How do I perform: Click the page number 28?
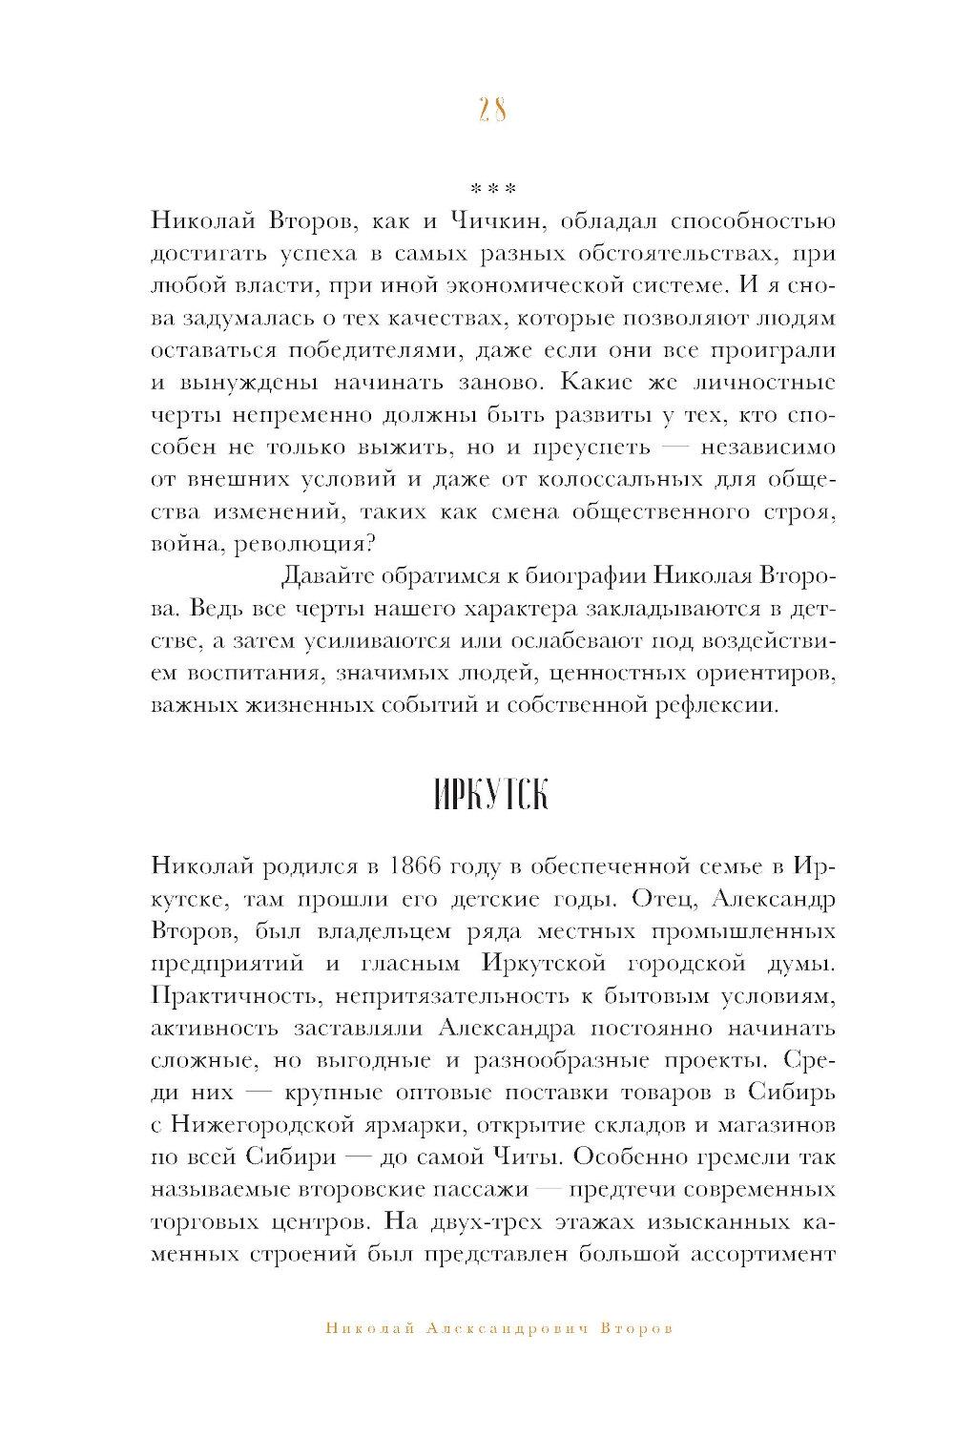pyautogui.click(x=491, y=111)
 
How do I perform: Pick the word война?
pyautogui.click(x=183, y=545)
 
